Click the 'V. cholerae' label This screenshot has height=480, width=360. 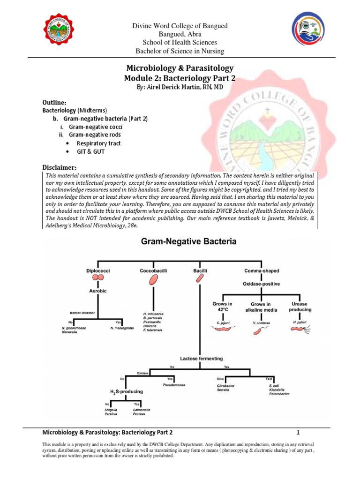pyautogui.click(x=261, y=323)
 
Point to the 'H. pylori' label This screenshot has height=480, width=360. pyautogui.click(x=299, y=323)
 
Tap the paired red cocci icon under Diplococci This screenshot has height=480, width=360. pyautogui.click(x=98, y=278)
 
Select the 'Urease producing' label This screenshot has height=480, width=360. pyautogui.click(x=299, y=307)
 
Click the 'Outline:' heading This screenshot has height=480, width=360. pyautogui.click(x=55, y=102)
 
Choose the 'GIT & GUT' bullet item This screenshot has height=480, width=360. pyautogui.click(x=92, y=152)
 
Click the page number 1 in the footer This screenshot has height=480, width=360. pyautogui.click(x=298, y=432)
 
